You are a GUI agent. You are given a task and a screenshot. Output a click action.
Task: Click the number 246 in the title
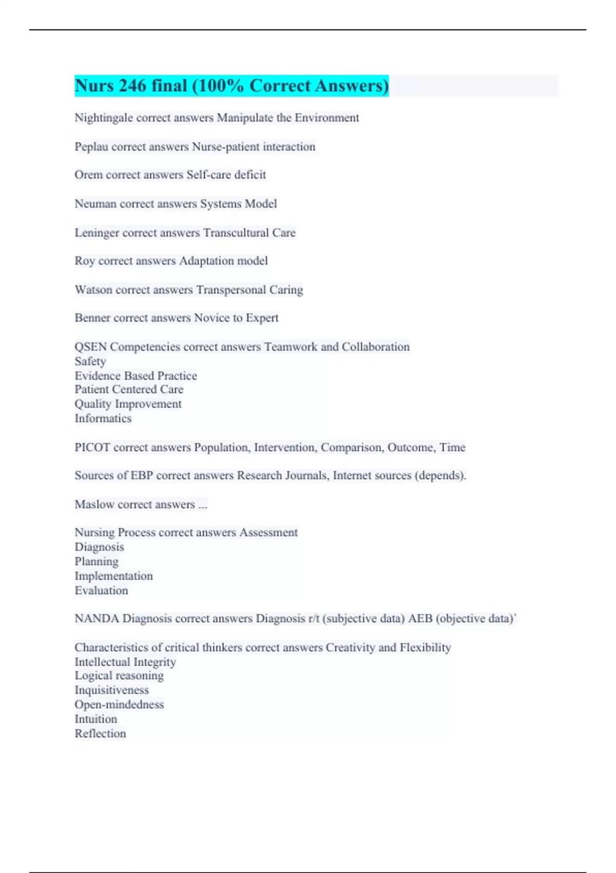(132, 86)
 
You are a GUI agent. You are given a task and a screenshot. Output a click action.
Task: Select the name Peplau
(91, 147)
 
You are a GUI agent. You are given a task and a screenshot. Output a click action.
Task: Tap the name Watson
(93, 290)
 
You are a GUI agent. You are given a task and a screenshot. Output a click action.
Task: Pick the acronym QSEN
(90, 347)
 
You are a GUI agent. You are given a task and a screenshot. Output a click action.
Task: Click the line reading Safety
(90, 362)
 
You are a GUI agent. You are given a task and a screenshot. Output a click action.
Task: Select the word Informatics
(103, 419)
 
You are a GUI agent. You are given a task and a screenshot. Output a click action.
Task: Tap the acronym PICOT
(92, 448)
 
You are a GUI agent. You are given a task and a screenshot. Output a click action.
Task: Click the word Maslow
(94, 505)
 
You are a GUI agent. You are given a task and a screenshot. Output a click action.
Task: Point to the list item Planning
(97, 562)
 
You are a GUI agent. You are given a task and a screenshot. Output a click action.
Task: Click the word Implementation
(113, 576)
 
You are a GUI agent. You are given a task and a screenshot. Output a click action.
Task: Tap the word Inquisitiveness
(111, 690)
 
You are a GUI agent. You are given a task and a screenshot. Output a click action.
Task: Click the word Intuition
(95, 719)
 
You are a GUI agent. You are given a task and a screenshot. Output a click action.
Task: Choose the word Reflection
(100, 733)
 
